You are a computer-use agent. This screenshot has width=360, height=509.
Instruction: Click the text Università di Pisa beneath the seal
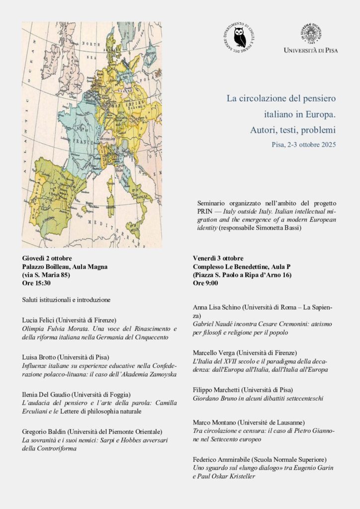click(311, 50)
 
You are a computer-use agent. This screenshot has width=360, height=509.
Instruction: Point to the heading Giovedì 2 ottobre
click(47, 258)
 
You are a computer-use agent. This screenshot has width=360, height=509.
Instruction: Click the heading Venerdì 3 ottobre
click(218, 258)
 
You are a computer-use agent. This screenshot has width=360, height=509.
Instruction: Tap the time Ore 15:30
click(36, 283)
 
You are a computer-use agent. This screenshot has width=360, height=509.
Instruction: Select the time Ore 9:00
click(205, 283)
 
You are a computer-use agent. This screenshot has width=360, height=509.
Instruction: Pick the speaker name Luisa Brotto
click(41, 357)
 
